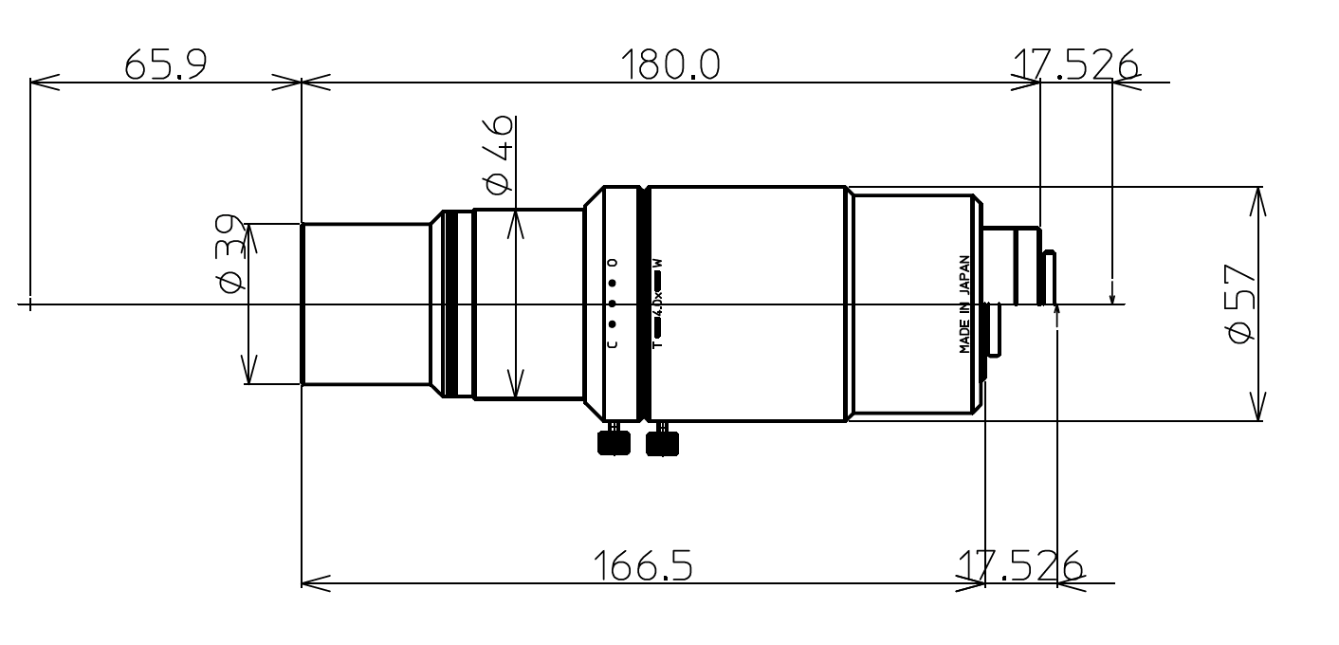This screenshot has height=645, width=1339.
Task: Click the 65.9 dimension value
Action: [x=165, y=65]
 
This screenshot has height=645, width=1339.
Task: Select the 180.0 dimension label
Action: [x=669, y=65]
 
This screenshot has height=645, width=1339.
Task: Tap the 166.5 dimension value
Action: [x=643, y=566]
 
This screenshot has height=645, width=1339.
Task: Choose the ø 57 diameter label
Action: [x=1241, y=304]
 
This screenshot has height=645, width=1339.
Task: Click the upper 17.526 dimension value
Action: [x=1074, y=65]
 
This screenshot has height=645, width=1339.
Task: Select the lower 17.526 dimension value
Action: [x=1019, y=566]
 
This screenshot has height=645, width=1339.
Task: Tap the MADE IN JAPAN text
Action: [x=965, y=304]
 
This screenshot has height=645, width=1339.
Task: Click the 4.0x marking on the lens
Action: [x=658, y=304]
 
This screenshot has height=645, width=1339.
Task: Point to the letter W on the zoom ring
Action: [x=656, y=263]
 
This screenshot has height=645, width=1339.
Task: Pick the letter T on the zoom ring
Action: [x=656, y=344]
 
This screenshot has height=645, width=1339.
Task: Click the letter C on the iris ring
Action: [x=612, y=343]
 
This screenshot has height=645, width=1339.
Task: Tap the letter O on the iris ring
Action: [x=612, y=262]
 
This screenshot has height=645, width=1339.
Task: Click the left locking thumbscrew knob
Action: [x=614, y=443]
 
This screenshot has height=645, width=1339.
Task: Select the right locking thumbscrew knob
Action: [x=663, y=443]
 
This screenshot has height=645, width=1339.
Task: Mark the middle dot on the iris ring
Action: [x=612, y=304]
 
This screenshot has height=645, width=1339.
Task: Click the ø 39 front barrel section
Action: [x=365, y=304]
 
